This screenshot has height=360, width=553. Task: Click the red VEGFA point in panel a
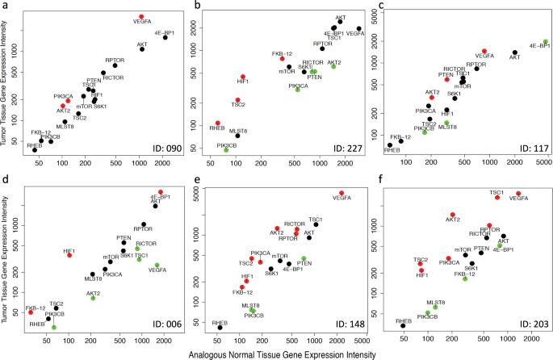pyautogui.click(x=140, y=16)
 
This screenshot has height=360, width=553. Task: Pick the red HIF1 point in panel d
pyautogui.click(x=69, y=255)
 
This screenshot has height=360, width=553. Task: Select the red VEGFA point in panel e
pyautogui.click(x=341, y=194)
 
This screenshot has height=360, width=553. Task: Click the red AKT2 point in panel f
pyautogui.click(x=453, y=215)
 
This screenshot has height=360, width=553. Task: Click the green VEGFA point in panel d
pyautogui.click(x=157, y=266)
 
